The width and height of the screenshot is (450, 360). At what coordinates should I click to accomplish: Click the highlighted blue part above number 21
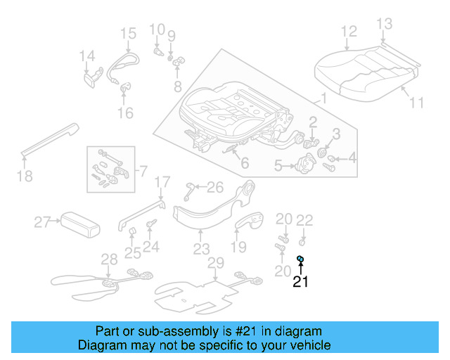(x=300, y=259)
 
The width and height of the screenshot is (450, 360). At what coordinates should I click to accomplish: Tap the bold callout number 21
(x=300, y=283)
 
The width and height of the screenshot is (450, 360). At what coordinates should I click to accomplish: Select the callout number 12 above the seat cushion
(x=349, y=31)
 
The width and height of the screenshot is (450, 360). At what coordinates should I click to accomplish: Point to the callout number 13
(x=384, y=25)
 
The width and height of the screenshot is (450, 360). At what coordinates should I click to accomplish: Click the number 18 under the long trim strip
(x=25, y=176)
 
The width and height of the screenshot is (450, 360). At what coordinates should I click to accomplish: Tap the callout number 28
(x=109, y=259)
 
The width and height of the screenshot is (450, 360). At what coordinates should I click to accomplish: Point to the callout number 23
(x=202, y=249)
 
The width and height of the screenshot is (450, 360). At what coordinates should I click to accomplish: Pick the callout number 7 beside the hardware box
(x=143, y=171)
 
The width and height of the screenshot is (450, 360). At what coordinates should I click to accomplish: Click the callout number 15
(x=127, y=33)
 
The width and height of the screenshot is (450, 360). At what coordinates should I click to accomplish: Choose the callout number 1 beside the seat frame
(x=323, y=98)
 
